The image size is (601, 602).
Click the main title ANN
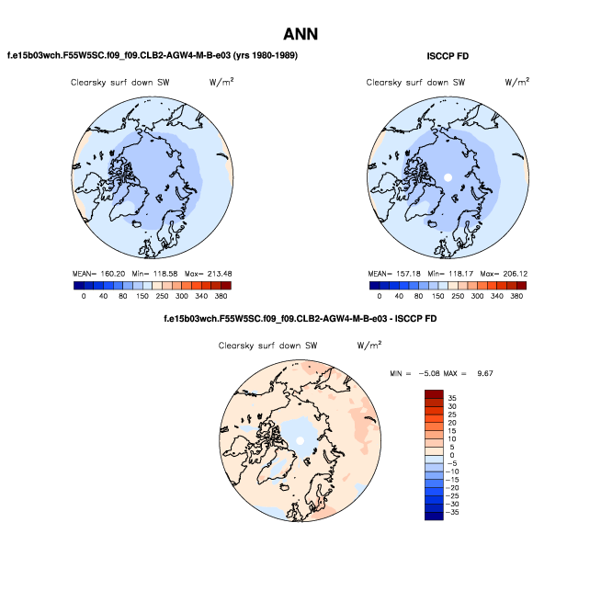coord(300,34)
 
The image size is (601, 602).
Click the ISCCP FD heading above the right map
coord(448,57)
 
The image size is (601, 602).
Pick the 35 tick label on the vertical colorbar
coord(452,396)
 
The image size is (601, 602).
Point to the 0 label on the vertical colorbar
coord(452,455)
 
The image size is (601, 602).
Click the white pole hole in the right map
coord(448,176)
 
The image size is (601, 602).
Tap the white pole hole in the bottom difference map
coord(300,442)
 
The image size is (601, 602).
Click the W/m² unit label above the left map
coord(221,82)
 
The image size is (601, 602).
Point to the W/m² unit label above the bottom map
coord(369,346)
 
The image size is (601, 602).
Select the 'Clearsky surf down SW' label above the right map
coord(415,83)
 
